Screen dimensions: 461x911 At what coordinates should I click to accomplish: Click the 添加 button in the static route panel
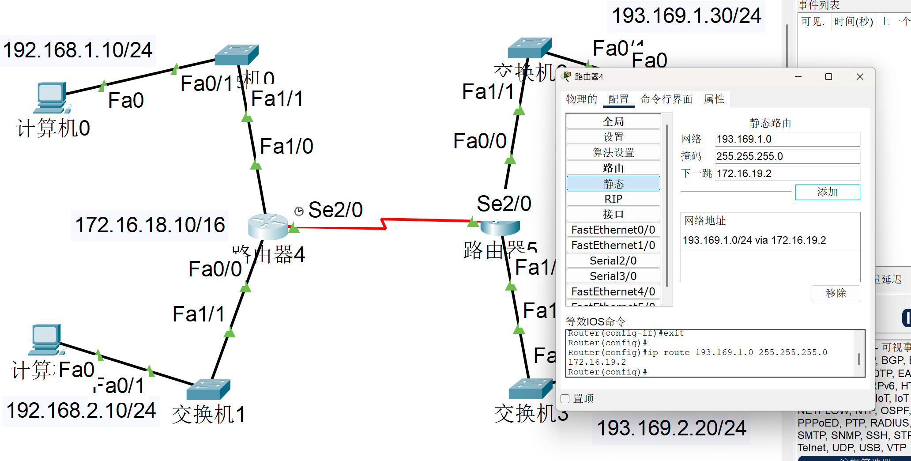pyautogui.click(x=827, y=192)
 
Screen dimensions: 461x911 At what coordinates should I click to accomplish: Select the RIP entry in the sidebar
pyautogui.click(x=613, y=199)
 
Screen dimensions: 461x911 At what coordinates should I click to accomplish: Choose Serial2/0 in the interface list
pyautogui.click(x=613, y=261)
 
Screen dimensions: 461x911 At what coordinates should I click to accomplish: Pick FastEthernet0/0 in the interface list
pyautogui.click(x=613, y=230)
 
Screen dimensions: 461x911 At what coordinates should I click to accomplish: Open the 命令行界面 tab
pyautogui.click(x=666, y=99)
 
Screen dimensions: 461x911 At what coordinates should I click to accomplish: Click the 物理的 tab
pyautogui.click(x=581, y=99)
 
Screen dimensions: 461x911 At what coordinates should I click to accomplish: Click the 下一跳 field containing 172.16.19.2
pyautogui.click(x=787, y=174)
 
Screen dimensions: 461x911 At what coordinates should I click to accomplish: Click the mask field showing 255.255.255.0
pyautogui.click(x=787, y=156)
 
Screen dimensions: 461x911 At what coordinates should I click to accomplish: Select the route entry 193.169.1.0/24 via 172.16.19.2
pyautogui.click(x=754, y=240)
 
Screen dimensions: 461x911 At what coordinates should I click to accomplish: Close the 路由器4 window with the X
pyautogui.click(x=860, y=77)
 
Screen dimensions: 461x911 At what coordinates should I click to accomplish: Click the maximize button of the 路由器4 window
pyautogui.click(x=828, y=77)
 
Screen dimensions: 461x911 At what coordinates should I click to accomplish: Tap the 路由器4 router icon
pyautogui.click(x=268, y=226)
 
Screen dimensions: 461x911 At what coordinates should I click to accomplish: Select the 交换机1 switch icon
pyautogui.click(x=208, y=389)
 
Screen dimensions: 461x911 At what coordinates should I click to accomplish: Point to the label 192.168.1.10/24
pyautogui.click(x=78, y=50)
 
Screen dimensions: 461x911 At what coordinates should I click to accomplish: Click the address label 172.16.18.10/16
pyautogui.click(x=150, y=225)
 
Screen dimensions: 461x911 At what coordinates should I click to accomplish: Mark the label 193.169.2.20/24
pyautogui.click(x=671, y=428)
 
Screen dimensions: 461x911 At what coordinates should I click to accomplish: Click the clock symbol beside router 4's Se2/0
pyautogui.click(x=299, y=211)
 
